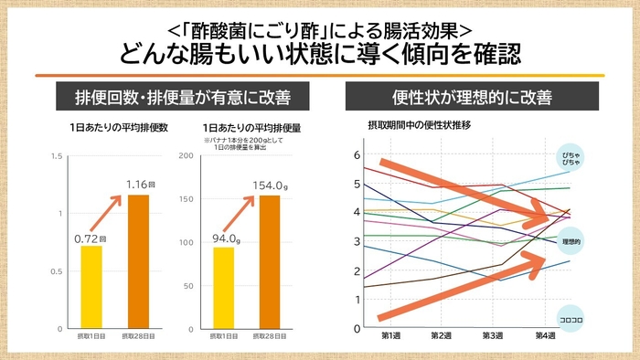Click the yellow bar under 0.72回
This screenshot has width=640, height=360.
pos(91,287)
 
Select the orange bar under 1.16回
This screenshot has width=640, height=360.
pos(138,261)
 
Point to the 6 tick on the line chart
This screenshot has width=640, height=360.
pos(357,154)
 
